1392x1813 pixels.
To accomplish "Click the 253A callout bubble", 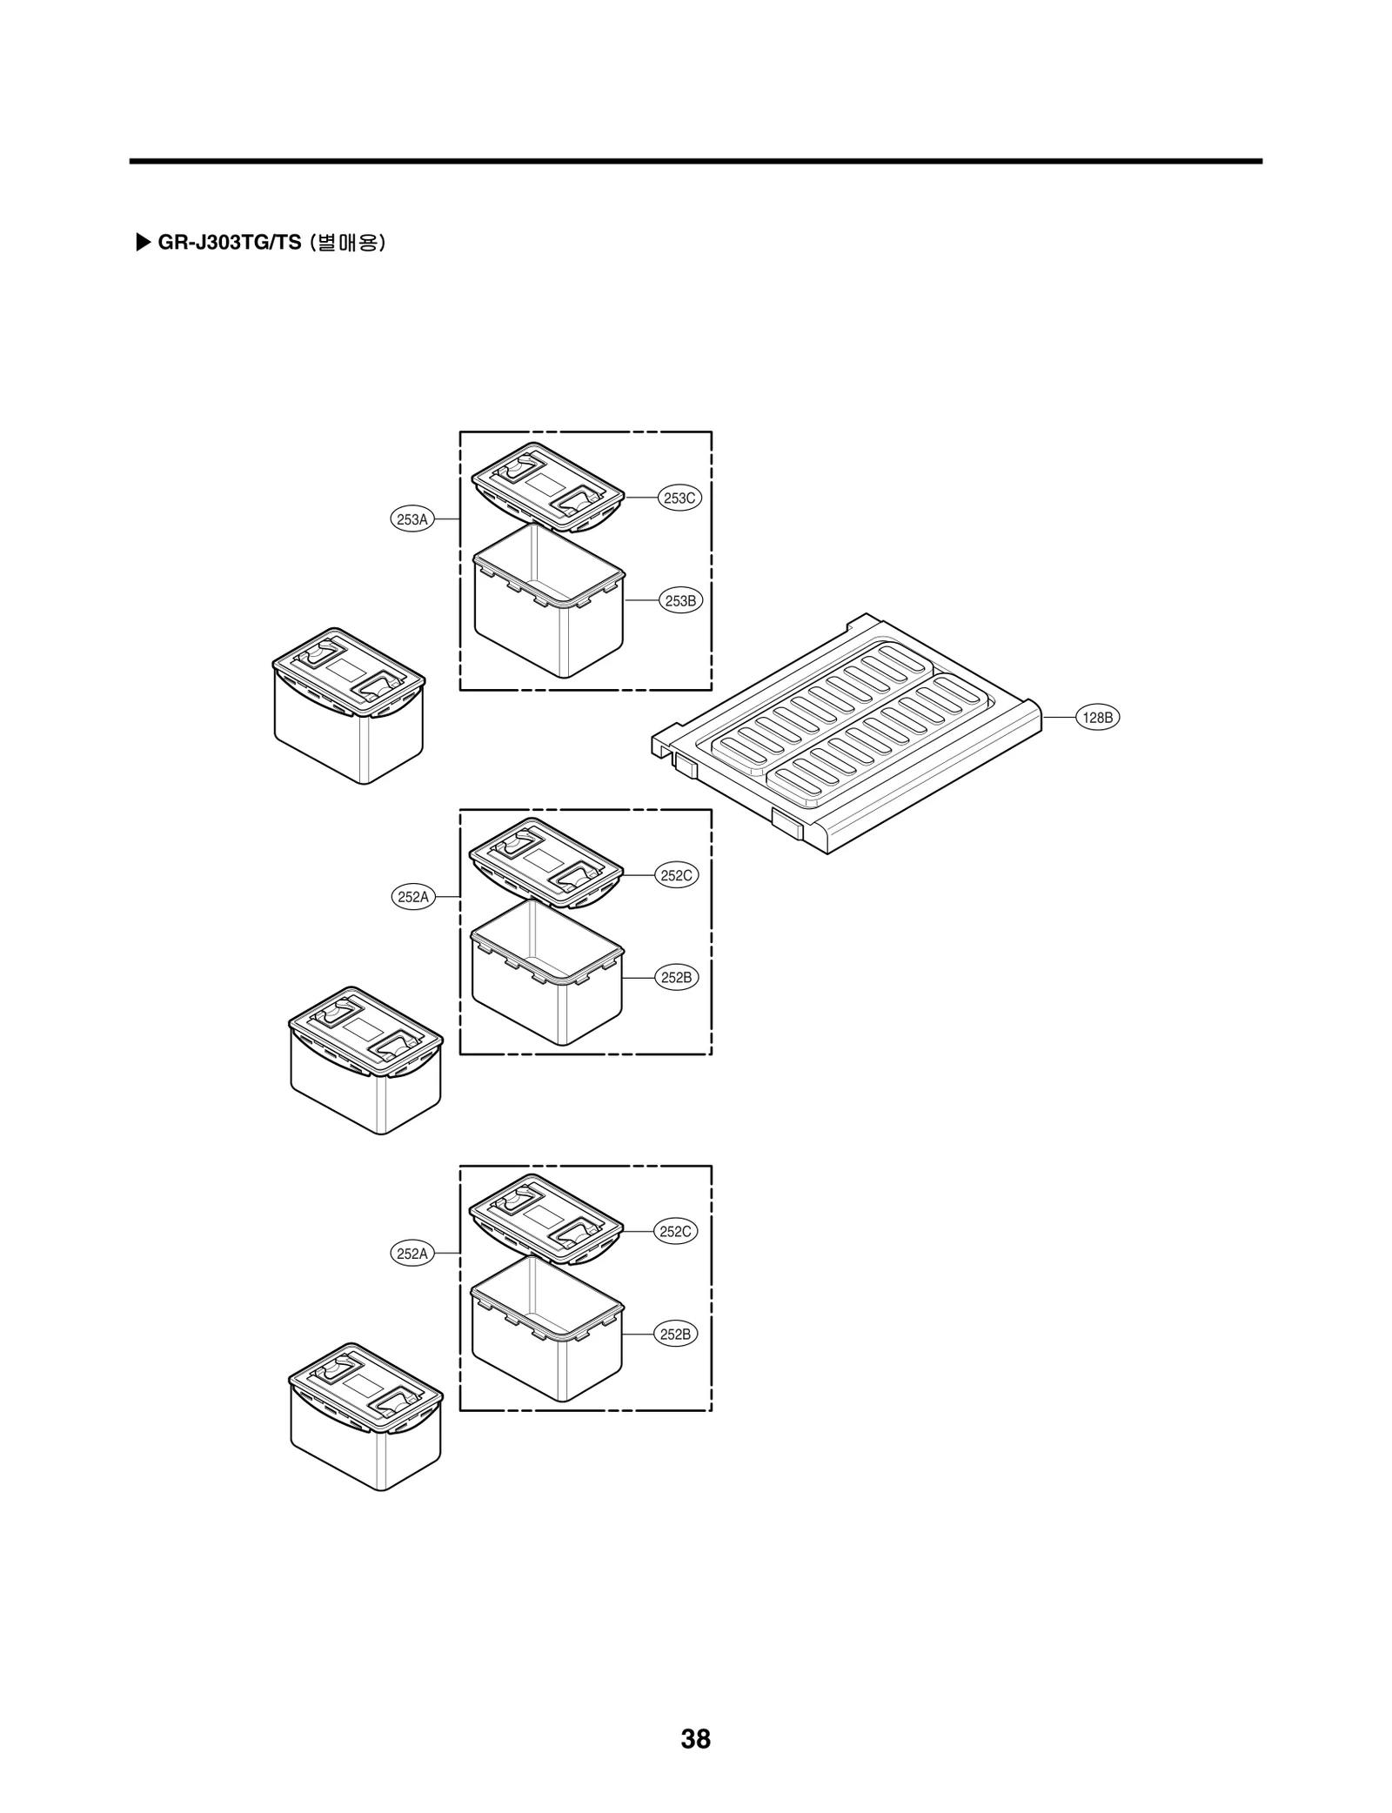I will tap(412, 519).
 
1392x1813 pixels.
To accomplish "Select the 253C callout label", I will tap(679, 498).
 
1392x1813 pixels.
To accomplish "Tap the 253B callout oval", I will tap(680, 600).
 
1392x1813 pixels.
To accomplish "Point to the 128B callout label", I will tap(1097, 718).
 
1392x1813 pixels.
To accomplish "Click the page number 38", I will tap(695, 1738).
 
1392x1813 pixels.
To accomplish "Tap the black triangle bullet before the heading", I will tap(144, 242).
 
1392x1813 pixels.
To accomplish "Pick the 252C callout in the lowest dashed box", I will tap(676, 1231).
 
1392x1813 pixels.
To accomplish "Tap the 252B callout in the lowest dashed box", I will tap(676, 1334).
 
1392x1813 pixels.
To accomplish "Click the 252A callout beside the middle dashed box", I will tap(412, 897).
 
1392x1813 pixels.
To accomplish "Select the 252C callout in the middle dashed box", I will tap(676, 875).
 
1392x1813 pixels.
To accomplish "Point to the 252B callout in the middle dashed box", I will tap(676, 977).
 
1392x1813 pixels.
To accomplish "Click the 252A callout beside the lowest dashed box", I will tap(412, 1254).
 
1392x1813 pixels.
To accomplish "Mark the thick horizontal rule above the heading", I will tap(695, 161).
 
